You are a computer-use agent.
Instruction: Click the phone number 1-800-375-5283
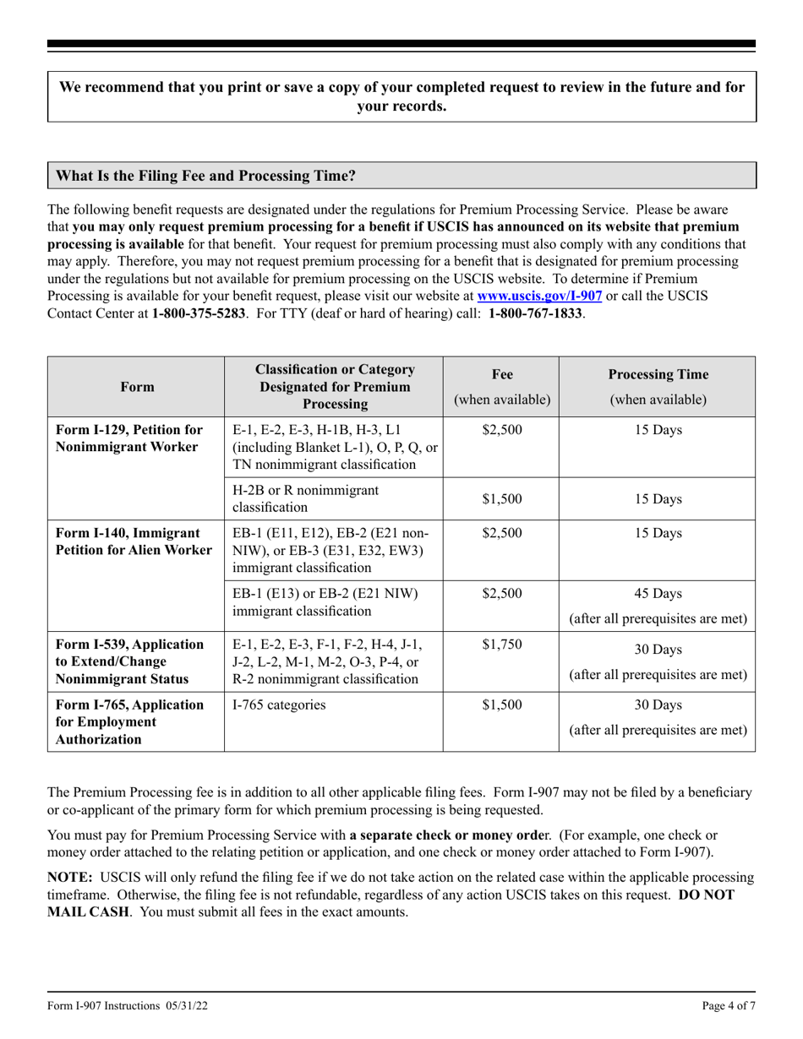pos(199,313)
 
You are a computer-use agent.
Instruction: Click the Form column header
pos(137,387)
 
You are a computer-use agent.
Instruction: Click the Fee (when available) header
pos(502,387)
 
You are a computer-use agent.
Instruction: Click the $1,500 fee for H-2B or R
pos(502,498)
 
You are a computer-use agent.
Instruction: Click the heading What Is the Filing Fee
pos(205,177)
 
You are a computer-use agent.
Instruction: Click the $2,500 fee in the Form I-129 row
pos(502,429)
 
